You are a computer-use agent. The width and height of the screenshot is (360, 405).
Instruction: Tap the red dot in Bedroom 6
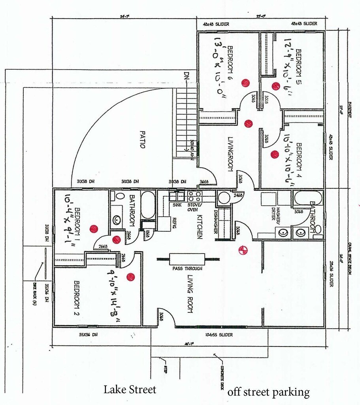click(x=245, y=82)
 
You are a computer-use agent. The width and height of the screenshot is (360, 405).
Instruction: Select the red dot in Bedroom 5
click(x=275, y=85)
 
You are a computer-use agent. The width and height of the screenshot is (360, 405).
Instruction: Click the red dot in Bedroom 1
click(x=93, y=229)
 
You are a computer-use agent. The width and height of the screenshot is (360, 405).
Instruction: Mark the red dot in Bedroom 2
click(x=130, y=277)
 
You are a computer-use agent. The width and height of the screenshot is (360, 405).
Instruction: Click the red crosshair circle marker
click(x=242, y=250)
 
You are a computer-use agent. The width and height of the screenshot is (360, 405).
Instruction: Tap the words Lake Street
click(x=130, y=390)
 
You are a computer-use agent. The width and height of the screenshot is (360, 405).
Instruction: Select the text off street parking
click(x=268, y=392)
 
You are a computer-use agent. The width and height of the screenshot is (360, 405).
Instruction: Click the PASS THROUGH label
click(x=187, y=269)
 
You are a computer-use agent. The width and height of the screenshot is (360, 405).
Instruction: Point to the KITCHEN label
click(x=200, y=227)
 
